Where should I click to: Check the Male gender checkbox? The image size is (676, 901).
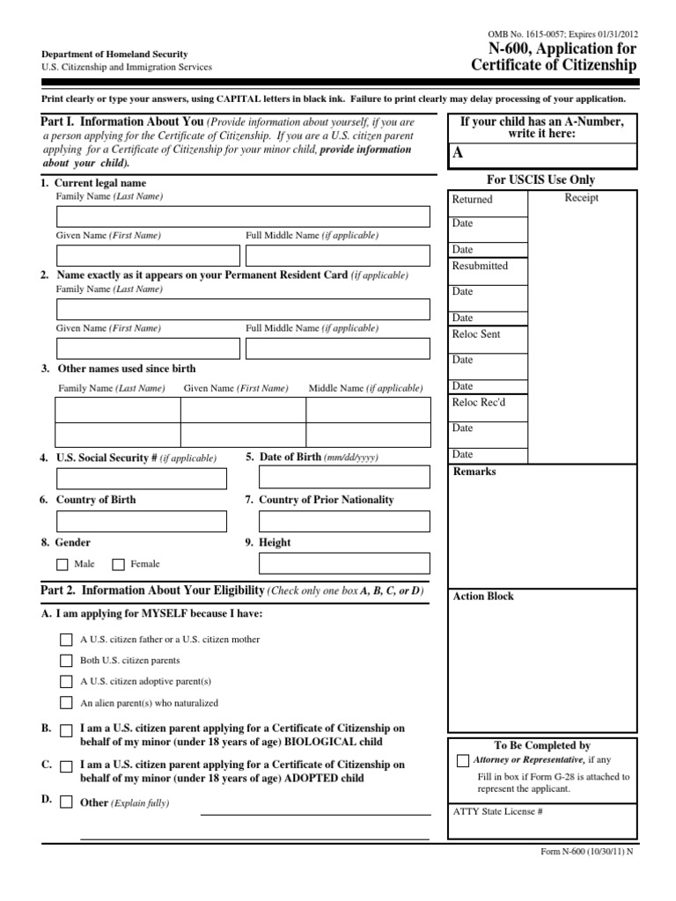pos(62,564)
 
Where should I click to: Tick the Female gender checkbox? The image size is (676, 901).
pos(118,564)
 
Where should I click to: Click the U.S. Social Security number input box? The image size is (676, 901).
pos(141,479)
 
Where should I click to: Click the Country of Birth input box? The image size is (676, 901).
pos(141,521)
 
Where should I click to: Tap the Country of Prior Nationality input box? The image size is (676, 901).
pos(344,521)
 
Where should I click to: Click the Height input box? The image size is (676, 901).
pos(344,563)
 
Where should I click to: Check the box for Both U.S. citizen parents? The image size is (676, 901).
pos(66,660)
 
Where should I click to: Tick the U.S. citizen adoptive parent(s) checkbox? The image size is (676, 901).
pos(66,681)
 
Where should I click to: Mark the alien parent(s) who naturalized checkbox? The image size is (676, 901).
pos(66,702)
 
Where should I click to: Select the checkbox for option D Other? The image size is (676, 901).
pos(66,802)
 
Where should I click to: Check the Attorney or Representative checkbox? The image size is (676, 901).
pos(463,760)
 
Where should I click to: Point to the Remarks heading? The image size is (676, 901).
pos(474,472)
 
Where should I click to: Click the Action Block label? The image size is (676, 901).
pos(482,597)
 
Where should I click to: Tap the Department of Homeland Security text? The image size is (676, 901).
pos(114,55)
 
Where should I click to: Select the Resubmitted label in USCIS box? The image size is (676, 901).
pos(480,266)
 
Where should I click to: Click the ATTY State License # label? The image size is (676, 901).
pos(497,811)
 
